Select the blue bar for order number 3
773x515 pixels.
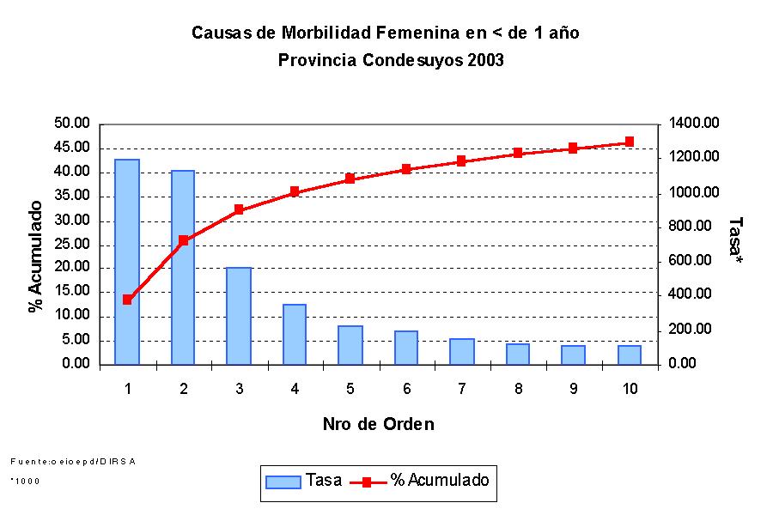click(239, 316)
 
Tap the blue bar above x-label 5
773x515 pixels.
click(350, 345)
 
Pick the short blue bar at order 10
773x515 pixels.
click(630, 354)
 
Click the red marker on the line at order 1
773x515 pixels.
click(127, 300)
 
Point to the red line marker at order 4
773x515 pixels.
click(295, 191)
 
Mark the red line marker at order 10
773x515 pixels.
click(630, 142)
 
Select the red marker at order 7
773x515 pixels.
click(462, 161)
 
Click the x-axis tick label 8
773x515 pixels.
click(518, 389)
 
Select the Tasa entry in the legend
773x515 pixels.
click(300, 481)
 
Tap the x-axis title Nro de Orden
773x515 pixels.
click(378, 424)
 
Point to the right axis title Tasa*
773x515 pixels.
click(735, 240)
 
